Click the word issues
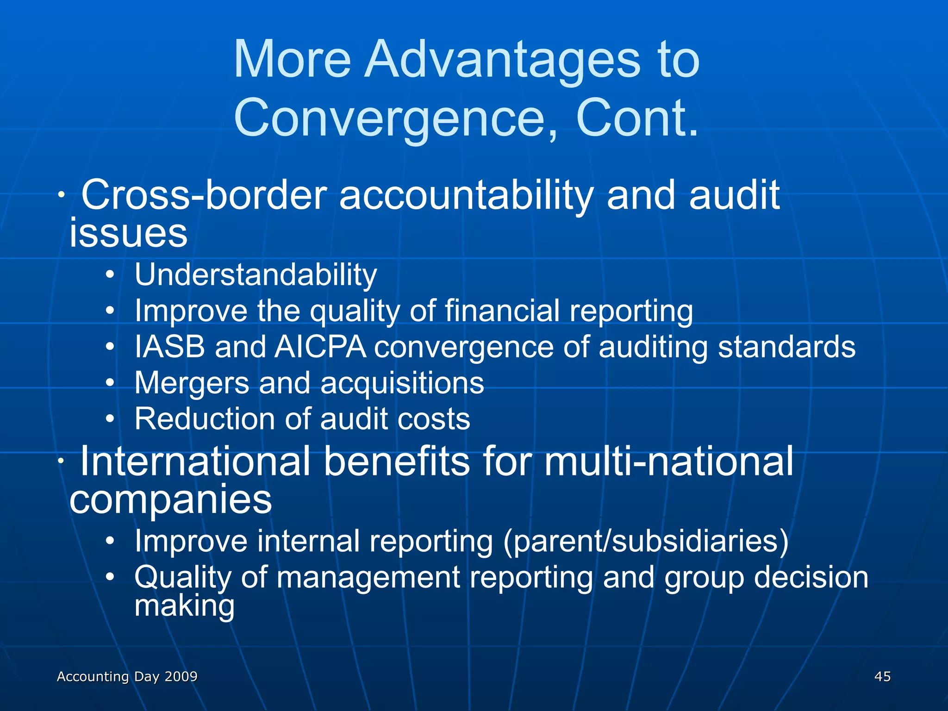[128, 232]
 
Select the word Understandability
[256, 275]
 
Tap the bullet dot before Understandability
[109, 275]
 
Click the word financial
[502, 311]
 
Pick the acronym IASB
[169, 347]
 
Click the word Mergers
[192, 383]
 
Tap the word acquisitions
[402, 383]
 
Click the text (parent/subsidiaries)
[646, 541]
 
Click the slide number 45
[882, 676]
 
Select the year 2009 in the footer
[181, 676]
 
